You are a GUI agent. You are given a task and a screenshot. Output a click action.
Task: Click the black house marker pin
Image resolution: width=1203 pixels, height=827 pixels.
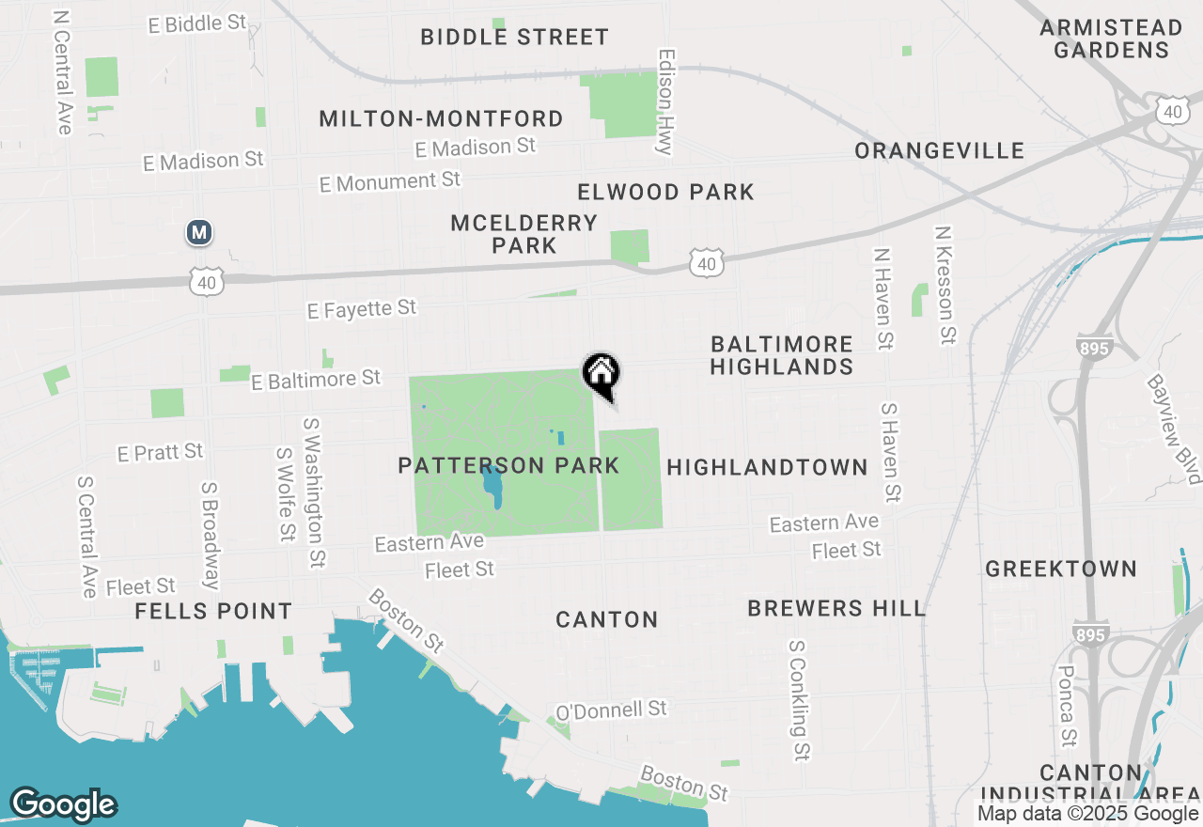(x=601, y=375)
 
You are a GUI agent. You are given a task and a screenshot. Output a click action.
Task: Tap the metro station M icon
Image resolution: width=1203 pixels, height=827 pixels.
(x=198, y=232)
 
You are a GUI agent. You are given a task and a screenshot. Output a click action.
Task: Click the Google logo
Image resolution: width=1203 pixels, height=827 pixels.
(x=63, y=804)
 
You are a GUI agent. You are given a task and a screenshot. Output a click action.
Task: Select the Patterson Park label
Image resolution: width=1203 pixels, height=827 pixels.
(x=508, y=465)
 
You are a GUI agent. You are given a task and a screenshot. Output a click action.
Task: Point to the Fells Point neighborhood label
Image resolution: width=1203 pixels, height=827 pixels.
(x=213, y=611)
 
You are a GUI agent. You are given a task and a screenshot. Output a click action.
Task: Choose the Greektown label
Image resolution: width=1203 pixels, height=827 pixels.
(x=1061, y=569)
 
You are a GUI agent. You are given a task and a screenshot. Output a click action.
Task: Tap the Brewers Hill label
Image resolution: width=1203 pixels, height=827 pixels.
(x=836, y=608)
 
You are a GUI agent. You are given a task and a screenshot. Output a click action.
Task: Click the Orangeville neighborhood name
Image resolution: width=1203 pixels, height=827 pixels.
(x=940, y=150)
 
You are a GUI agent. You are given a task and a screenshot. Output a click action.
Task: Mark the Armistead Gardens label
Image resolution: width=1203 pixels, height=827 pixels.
(x=1110, y=39)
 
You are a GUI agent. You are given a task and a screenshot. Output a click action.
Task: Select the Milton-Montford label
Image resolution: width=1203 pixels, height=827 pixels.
(x=441, y=118)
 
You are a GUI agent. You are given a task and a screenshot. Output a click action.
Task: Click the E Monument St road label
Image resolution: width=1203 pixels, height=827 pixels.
(x=390, y=181)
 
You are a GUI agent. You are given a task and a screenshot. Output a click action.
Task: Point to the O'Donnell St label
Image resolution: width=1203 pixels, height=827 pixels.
(x=611, y=710)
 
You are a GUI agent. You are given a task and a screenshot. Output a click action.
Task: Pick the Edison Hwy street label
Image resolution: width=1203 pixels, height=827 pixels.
(x=666, y=101)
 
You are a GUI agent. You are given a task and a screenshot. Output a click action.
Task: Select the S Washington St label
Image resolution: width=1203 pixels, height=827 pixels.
(x=314, y=493)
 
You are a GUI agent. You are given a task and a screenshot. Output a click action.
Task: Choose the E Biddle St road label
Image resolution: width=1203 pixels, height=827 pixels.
(x=197, y=23)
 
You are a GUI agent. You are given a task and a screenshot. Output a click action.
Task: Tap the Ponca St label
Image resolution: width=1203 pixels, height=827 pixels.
(x=1067, y=705)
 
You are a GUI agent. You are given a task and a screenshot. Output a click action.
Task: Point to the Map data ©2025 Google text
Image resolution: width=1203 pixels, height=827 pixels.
(x=1087, y=814)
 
